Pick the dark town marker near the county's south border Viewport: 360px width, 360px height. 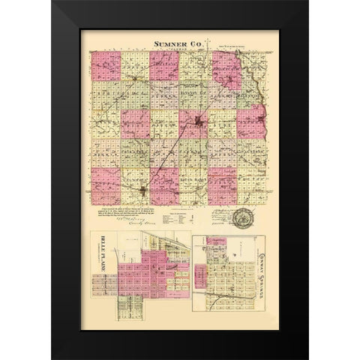[143, 193]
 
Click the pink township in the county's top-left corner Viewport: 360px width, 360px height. [105, 66]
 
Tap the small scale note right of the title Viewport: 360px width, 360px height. [232, 49]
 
